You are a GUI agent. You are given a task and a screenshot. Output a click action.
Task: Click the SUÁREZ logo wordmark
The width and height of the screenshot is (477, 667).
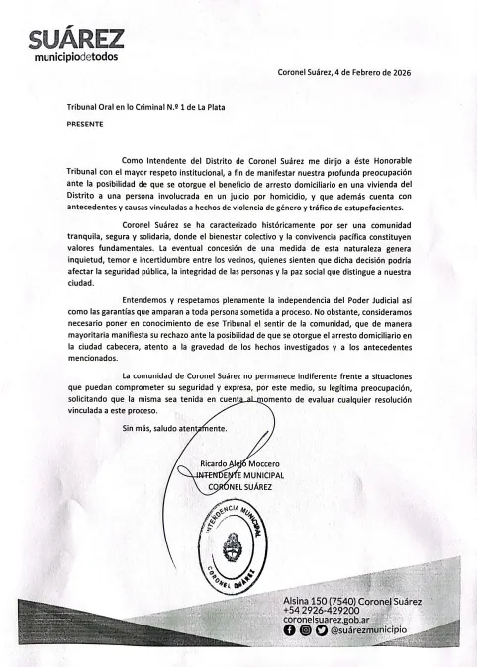(75, 40)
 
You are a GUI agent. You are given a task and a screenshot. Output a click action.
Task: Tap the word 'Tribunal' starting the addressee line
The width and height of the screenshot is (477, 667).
(82, 108)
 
